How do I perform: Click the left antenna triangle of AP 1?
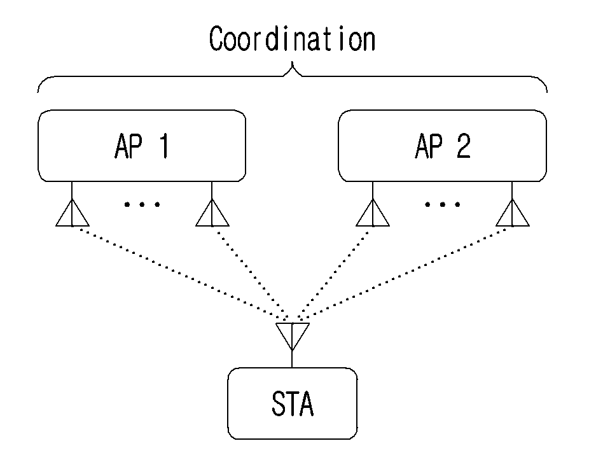click(x=73, y=213)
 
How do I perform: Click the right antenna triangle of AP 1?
click(x=212, y=213)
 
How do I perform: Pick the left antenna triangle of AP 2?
click(x=373, y=213)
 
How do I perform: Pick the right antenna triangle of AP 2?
click(x=513, y=213)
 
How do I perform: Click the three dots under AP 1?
click(x=142, y=205)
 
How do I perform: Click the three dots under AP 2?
click(x=443, y=205)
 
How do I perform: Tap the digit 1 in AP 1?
click(x=164, y=146)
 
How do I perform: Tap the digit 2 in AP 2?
click(x=463, y=146)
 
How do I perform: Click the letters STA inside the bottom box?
click(x=293, y=403)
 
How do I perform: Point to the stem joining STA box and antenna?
click(x=292, y=359)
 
